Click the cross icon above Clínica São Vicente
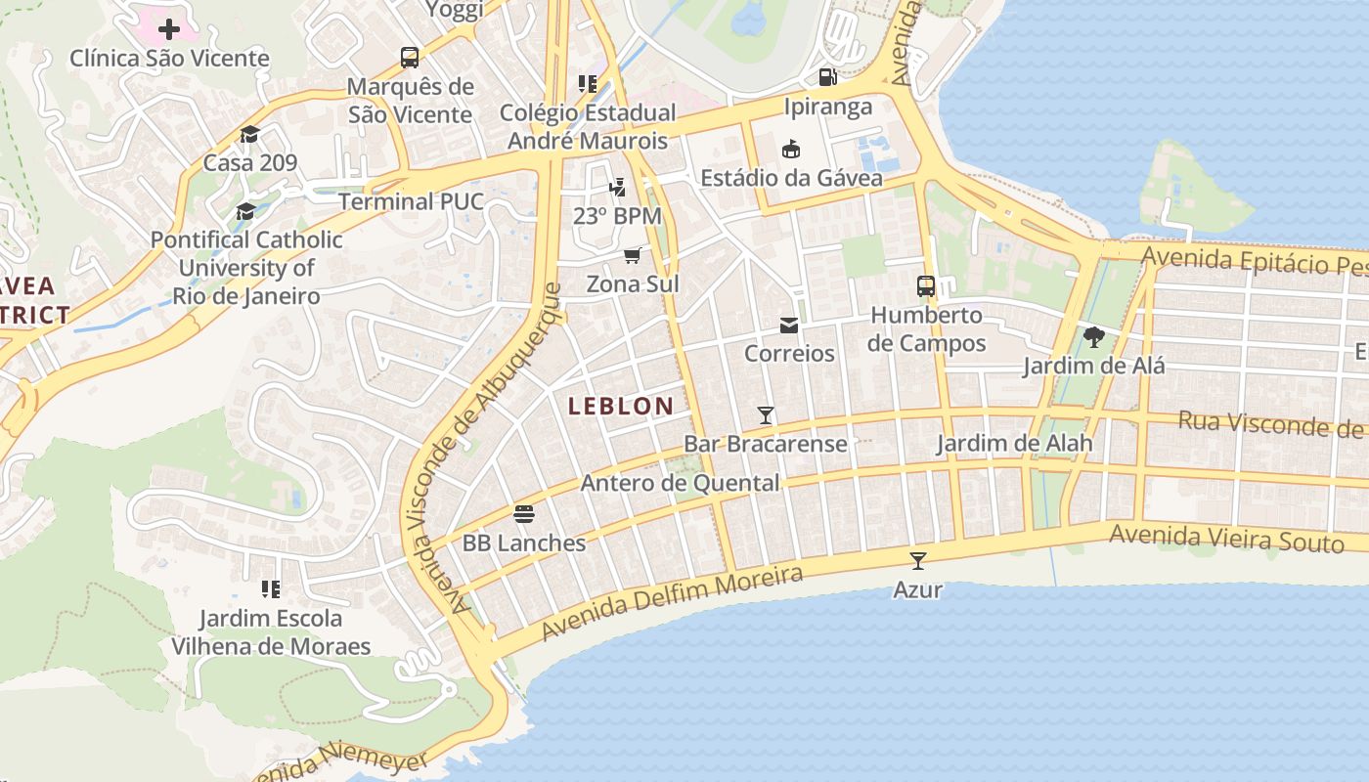tap(169, 28)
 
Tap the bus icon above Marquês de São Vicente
tap(410, 58)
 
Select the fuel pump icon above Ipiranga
tap(827, 77)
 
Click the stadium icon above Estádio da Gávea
tap(791, 150)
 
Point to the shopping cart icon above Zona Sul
tap(632, 255)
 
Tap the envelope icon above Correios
tap(789, 326)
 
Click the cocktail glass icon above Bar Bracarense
tap(766, 415)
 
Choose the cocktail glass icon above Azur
tap(917, 561)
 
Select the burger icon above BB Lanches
tap(524, 514)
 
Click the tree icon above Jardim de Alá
tap(1094, 338)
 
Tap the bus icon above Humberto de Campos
tap(926, 286)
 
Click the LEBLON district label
tap(621, 406)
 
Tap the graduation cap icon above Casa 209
tap(250, 134)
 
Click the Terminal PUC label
tap(411, 201)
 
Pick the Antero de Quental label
tap(681, 483)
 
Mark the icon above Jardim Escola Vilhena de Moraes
tap(271, 588)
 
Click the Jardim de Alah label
tap(1014, 444)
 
